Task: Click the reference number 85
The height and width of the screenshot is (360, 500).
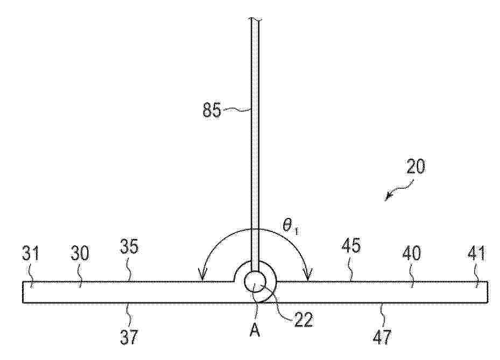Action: pos(212,110)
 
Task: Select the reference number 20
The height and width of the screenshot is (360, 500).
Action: pos(416,166)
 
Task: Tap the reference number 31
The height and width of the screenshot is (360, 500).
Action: pos(31,253)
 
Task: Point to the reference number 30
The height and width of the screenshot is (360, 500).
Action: pos(80,253)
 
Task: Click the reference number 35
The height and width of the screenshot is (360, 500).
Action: pos(129,246)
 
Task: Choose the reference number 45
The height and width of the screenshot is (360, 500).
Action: pos(351,246)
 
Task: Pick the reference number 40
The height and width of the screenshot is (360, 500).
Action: pos(412,253)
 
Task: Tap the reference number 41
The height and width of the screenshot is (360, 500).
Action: pos(476,253)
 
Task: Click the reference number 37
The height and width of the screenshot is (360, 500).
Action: pos(129,337)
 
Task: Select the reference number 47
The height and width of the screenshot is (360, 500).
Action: pos(382,337)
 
